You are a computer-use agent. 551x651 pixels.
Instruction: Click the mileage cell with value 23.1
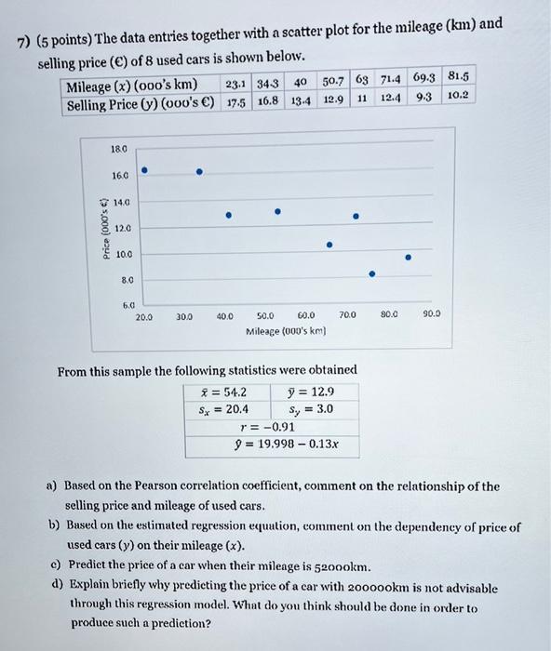pos(235,86)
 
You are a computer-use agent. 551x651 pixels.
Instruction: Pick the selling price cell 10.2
pos(457,95)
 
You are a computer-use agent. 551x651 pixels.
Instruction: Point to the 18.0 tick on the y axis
pos(120,147)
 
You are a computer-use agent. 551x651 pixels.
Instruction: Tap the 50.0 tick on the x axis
pos(266,316)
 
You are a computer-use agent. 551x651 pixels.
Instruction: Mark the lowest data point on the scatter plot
pos(372,274)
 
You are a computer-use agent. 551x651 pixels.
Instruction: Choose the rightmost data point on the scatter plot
pos(407,258)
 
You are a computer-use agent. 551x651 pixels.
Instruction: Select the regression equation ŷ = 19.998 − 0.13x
pos(286,444)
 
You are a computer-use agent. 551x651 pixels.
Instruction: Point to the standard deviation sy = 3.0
pos(305,409)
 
